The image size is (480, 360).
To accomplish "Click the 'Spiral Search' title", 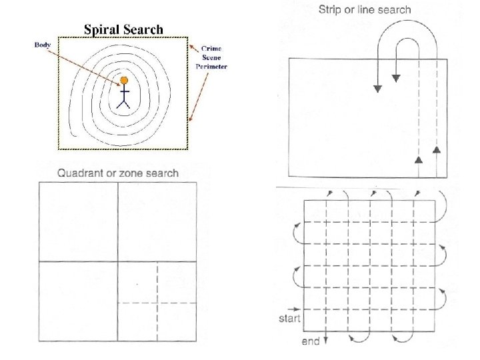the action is point(123,29).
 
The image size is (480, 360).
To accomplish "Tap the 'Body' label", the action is point(43,45).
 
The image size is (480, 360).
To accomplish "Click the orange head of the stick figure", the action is point(123,81).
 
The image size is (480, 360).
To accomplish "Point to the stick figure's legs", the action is point(123,103).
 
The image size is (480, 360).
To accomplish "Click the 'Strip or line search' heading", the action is point(365,9).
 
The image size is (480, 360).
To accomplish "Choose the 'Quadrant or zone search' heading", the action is point(118,173).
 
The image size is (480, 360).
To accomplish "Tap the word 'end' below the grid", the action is point(311,342).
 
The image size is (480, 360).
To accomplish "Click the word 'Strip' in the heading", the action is point(332,9).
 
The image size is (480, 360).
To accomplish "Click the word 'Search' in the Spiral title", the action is point(142,29).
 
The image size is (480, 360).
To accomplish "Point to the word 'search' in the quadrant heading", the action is point(163,173).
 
